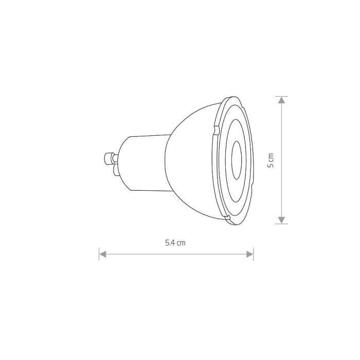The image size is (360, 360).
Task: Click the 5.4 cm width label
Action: coord(175,243)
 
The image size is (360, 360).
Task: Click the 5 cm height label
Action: coord(271,160)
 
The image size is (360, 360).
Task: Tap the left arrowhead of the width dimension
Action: coord(102,254)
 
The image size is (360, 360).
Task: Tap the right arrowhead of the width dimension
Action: coord(250,254)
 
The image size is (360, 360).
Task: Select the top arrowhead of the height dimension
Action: coord(281,100)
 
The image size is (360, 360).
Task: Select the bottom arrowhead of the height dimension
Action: coord(281,220)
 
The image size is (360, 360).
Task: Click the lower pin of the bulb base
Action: coord(116,170)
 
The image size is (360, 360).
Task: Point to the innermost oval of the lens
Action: coord(237,160)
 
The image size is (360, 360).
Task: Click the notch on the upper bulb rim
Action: coord(216,130)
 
